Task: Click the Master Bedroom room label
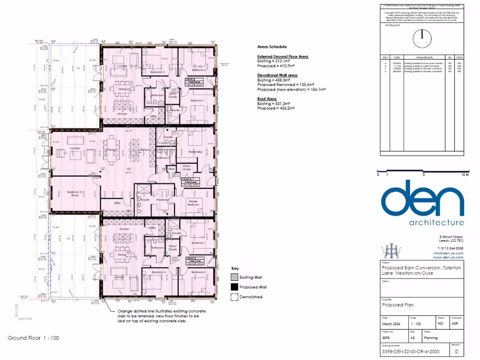point(193,203)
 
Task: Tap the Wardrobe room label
point(163,199)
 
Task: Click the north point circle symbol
point(422,36)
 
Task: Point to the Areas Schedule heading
point(272,47)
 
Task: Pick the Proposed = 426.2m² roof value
point(276,108)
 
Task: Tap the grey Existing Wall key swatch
point(234,277)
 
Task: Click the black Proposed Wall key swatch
point(234,287)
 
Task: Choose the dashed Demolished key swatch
point(234,297)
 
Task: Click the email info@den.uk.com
point(448,253)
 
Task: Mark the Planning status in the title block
point(431,337)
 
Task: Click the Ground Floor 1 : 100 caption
point(33,337)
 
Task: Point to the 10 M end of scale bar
point(465,174)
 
